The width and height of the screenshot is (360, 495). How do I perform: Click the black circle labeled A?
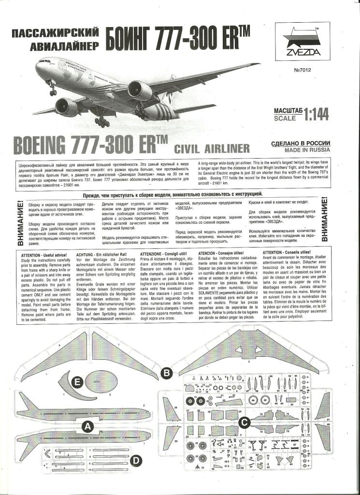point(87,426)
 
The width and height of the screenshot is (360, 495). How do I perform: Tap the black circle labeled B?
point(166,373)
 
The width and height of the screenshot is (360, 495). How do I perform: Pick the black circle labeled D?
point(137,461)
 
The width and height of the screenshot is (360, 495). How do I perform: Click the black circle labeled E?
point(75,382)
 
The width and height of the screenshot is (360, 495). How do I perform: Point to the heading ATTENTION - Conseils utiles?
point(286,252)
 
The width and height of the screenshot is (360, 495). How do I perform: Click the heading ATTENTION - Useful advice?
point(43,253)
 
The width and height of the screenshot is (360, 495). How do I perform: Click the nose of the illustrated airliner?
point(37,66)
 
